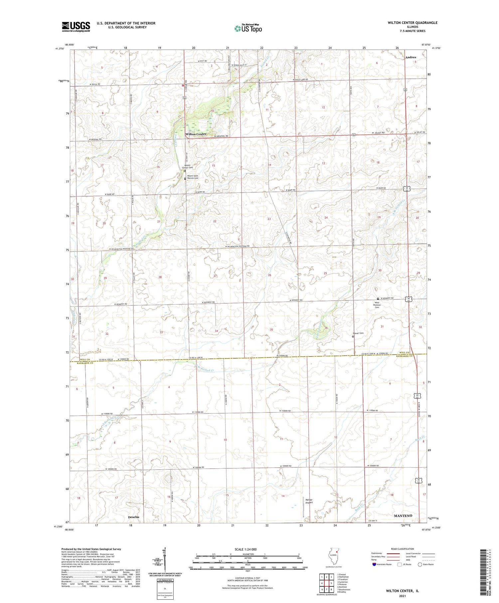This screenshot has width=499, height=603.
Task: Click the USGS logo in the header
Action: click(76, 27)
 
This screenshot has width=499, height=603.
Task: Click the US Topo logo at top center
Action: click(248, 29)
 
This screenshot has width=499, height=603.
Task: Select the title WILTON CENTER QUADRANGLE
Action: click(412, 23)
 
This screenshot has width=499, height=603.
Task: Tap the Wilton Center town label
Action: click(196, 134)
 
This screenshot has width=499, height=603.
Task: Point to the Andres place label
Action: click(411, 57)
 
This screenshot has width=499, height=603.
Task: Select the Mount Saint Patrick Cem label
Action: click(193, 177)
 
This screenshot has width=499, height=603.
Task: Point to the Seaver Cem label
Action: click(358, 333)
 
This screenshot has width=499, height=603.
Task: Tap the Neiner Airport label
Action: click(309, 501)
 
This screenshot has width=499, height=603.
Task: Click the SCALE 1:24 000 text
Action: click(248, 549)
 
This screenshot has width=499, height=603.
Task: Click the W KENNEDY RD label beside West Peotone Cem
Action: click(387, 298)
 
